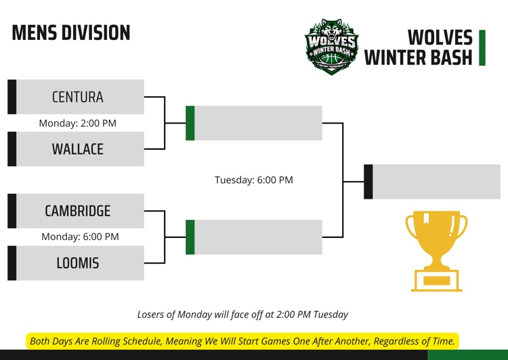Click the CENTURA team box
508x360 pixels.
(78, 97)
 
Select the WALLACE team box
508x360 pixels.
(78, 149)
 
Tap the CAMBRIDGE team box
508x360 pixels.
(78, 211)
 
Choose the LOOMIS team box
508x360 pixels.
(78, 263)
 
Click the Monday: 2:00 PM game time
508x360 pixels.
(77, 123)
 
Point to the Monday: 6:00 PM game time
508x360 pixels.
(80, 237)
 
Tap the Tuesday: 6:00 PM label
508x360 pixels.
(254, 180)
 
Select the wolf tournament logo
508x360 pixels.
(331, 46)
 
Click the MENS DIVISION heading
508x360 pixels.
(70, 33)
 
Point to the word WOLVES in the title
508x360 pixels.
(440, 37)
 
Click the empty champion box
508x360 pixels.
(436, 182)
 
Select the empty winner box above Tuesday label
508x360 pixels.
(258, 123)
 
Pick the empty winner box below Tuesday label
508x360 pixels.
(258, 237)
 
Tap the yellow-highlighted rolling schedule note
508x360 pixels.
(242, 340)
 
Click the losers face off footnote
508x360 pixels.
(242, 314)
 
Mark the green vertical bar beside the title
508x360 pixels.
(482, 47)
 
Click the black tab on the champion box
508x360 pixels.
(368, 182)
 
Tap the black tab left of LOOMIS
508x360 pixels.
(12, 263)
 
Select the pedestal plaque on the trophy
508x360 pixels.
(437, 280)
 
